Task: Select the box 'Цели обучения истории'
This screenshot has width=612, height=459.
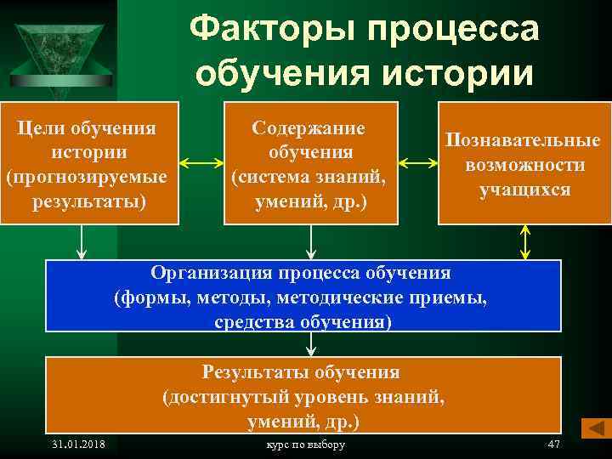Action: pos(90,163)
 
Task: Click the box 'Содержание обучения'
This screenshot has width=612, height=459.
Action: pos(310,163)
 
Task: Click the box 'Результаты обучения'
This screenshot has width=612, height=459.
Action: pos(303,395)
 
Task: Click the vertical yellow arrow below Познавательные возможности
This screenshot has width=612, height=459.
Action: pos(525,241)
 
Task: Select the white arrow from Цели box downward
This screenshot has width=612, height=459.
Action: pos(82,241)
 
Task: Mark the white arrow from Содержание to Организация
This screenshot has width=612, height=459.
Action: pos(312,241)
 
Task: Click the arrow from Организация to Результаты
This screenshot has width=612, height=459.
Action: pos(312,343)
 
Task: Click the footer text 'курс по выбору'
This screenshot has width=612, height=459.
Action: pos(306,445)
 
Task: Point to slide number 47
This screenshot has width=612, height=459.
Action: pos(554,445)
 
